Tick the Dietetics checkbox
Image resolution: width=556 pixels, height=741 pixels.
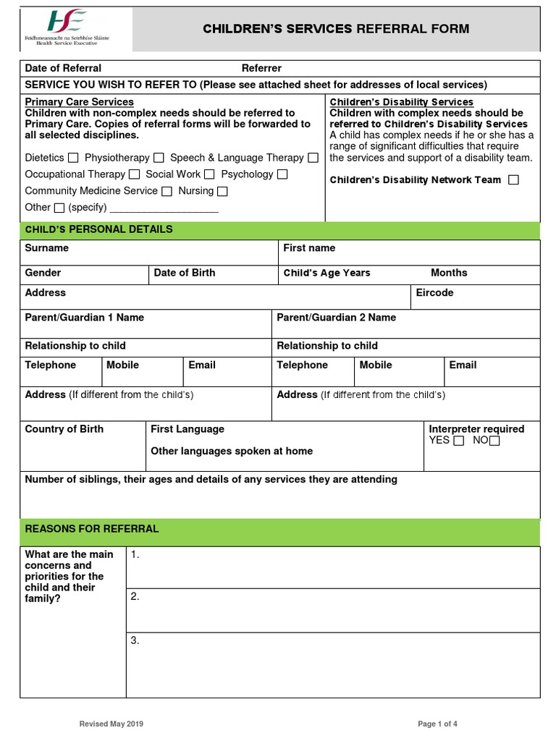(73, 158)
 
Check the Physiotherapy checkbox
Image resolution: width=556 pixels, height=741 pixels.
(159, 158)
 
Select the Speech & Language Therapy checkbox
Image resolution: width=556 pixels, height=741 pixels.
(313, 158)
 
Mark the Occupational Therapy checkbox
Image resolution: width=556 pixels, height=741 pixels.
(134, 174)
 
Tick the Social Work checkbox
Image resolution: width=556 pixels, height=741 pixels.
(209, 174)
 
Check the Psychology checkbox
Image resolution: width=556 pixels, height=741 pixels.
(282, 174)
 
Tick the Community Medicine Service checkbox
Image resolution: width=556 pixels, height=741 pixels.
(167, 191)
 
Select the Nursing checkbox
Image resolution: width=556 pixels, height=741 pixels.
(222, 191)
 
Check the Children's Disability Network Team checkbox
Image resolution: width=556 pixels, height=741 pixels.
(513, 179)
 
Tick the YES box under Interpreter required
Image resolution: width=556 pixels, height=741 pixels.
(458, 441)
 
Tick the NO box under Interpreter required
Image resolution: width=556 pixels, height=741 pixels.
(494, 441)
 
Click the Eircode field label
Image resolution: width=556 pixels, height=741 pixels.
(434, 292)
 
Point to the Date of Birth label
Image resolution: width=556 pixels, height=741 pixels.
(184, 273)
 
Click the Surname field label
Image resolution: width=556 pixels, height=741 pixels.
(47, 247)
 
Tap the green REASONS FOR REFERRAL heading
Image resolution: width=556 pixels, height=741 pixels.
(92, 529)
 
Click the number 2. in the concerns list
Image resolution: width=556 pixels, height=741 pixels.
(135, 596)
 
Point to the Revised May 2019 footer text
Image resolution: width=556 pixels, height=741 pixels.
(116, 724)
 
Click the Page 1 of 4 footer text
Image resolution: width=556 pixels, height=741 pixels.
(437, 724)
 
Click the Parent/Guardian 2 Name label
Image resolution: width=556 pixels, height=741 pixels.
(336, 317)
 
